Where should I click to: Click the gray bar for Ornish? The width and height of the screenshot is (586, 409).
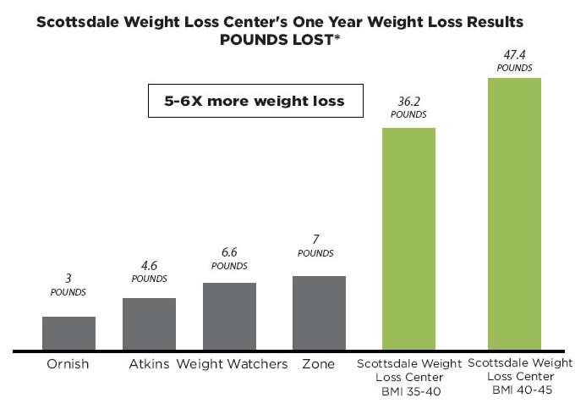click(x=68, y=334)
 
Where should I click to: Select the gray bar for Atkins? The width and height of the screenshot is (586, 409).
click(x=149, y=324)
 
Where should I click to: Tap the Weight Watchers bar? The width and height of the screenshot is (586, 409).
click(x=229, y=317)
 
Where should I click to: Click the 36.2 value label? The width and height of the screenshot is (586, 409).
click(x=408, y=101)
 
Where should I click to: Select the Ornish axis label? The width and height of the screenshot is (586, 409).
click(x=68, y=365)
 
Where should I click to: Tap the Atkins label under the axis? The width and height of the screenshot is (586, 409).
click(x=150, y=365)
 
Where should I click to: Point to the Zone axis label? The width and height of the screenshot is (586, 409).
click(x=317, y=365)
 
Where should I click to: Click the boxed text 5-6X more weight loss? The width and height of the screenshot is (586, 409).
click(x=255, y=101)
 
